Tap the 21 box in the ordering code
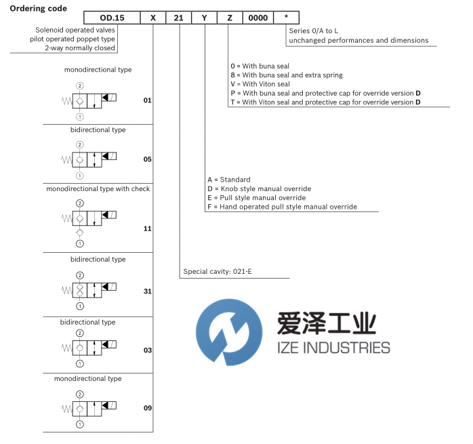[179, 19]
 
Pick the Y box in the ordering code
[205, 19]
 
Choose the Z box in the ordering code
[230, 19]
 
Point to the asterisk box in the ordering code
[287, 19]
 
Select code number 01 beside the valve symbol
[147, 100]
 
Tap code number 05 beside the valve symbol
[147, 159]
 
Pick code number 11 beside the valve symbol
[147, 228]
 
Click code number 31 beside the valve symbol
[147, 291]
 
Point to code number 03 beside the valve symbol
[147, 350]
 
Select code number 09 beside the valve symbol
[147, 408]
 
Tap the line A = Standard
[230, 180]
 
